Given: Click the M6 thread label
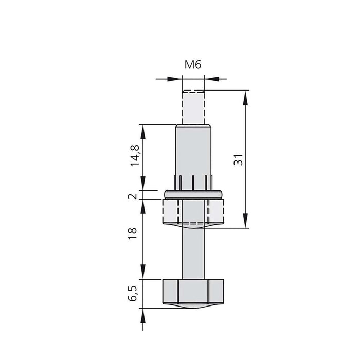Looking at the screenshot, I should pyautogui.click(x=193, y=65).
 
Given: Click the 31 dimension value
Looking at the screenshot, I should pyautogui.click(x=238, y=160).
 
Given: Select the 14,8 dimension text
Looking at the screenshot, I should pyautogui.click(x=135, y=154).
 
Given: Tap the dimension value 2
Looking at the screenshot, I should pyautogui.click(x=133, y=196).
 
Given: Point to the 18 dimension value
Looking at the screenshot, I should pyautogui.click(x=133, y=232).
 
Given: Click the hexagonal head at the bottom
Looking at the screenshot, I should pyautogui.click(x=193, y=292).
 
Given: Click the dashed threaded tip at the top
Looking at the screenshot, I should pyautogui.click(x=193, y=107).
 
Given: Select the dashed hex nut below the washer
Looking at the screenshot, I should pyautogui.click(x=193, y=211).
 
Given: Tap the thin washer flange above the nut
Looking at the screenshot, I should pyautogui.click(x=193, y=194).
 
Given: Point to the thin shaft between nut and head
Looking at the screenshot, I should pyautogui.click(x=193, y=252).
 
